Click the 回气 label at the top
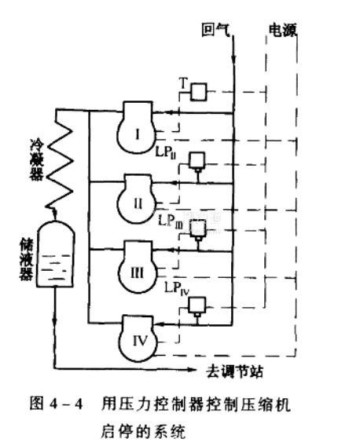pyautogui.click(x=215, y=30)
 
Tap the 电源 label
pyautogui.click(x=283, y=30)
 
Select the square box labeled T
pyautogui.click(x=199, y=92)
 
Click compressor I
pyautogui.click(x=138, y=127)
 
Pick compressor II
pyautogui.click(x=138, y=199)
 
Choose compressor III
pyautogui.click(x=138, y=267)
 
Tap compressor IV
pyautogui.click(x=138, y=338)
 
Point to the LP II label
pyautogui.click(x=166, y=153)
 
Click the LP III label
pyautogui.click(x=171, y=221)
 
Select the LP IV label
pyautogui.click(x=177, y=288)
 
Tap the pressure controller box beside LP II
pyautogui.click(x=197, y=160)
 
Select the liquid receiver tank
pyautogui.click(x=56, y=254)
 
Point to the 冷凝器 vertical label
pyautogui.click(x=37, y=160)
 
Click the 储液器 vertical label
pyautogui.click(x=26, y=259)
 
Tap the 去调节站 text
pyautogui.click(x=235, y=371)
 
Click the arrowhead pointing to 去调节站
pyautogui.click(x=193, y=369)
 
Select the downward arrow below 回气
pyautogui.click(x=233, y=59)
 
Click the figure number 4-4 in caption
pyautogui.click(x=66, y=404)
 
